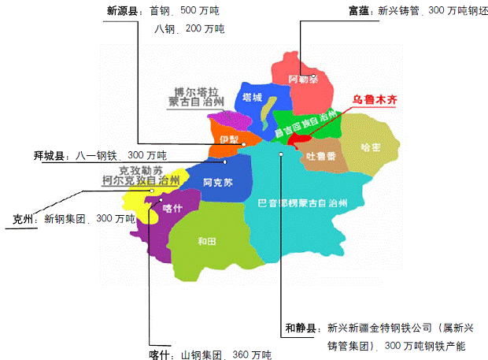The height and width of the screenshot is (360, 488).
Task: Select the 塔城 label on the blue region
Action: coord(252,98)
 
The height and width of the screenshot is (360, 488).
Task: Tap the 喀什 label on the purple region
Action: coord(172,207)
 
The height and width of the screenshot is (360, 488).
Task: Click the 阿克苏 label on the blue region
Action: coord(217,183)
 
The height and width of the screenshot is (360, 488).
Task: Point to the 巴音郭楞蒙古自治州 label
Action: coord(302,203)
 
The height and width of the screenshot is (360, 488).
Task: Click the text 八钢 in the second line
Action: coord(165,28)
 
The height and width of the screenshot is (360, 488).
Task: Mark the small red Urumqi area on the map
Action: coord(297,139)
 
